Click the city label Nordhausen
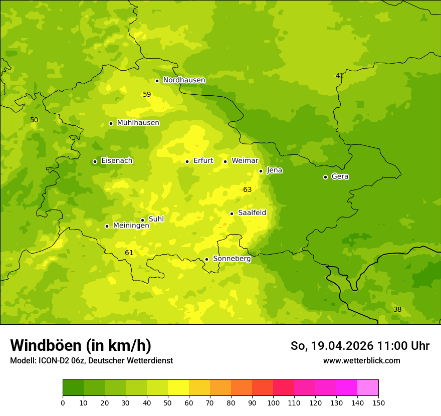pos(184,80)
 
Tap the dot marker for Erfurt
pos(187,161)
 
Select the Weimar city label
pos(245,161)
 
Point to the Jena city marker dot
pos(261,171)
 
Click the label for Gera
pos(340,176)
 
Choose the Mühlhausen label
pos(138,123)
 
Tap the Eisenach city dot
pos(95,161)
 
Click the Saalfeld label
pos(252,213)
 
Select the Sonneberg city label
pos(232,259)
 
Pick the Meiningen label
pos(131,226)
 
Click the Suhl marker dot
pos(142,220)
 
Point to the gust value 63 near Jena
pos(247,189)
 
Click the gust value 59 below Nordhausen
pos(147,94)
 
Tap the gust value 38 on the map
pos(397,309)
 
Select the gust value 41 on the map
pos(340,76)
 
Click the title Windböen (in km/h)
pos(81,345)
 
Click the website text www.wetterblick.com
pos(361,360)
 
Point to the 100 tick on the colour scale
pos(273,402)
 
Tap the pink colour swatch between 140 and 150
pos(368,388)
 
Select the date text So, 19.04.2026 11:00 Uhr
pos(360,346)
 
